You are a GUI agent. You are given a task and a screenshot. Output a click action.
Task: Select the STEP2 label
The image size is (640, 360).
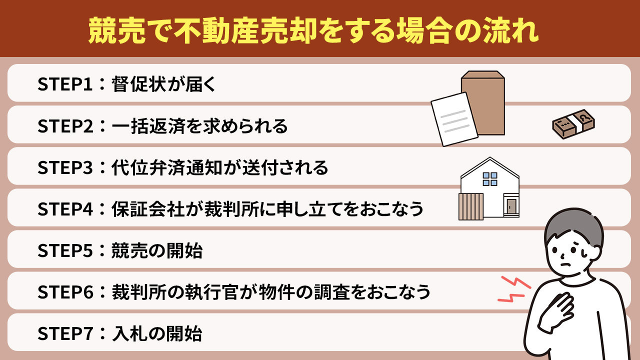pos(64,126)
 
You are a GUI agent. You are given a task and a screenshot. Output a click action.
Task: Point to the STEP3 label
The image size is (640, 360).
pos(64,168)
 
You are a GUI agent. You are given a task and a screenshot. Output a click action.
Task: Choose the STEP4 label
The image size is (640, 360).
pos(64,209)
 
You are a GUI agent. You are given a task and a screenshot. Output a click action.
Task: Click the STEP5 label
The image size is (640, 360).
pos(64,251)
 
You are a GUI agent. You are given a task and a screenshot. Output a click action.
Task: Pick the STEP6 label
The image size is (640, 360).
pos(64,292)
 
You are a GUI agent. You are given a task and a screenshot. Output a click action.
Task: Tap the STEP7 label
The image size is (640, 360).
pos(64,333)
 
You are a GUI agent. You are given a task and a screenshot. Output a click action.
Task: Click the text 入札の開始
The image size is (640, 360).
pos(157,333)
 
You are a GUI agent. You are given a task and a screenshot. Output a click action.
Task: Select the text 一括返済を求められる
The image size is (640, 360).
pos(199,126)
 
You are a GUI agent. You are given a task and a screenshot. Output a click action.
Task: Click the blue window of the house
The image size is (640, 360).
pos(490,178)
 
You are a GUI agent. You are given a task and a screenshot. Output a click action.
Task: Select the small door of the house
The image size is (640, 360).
pos(511,206)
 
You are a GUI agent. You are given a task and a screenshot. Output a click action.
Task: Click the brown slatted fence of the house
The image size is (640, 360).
pos(470,206)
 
